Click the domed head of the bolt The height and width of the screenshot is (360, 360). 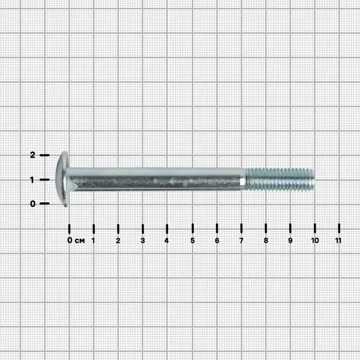point(62,179)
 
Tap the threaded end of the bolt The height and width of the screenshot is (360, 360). point(280,179)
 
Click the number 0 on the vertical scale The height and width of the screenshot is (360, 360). point(33,203)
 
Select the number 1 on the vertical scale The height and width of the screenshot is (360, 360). point(32,180)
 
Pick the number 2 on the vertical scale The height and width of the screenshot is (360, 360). point(32,155)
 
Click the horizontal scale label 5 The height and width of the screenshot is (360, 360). point(193,241)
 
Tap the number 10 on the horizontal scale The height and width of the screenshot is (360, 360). point(315,241)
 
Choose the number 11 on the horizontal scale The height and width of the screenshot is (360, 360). point(338,241)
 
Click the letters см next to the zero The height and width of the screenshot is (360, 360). point(80,241)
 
